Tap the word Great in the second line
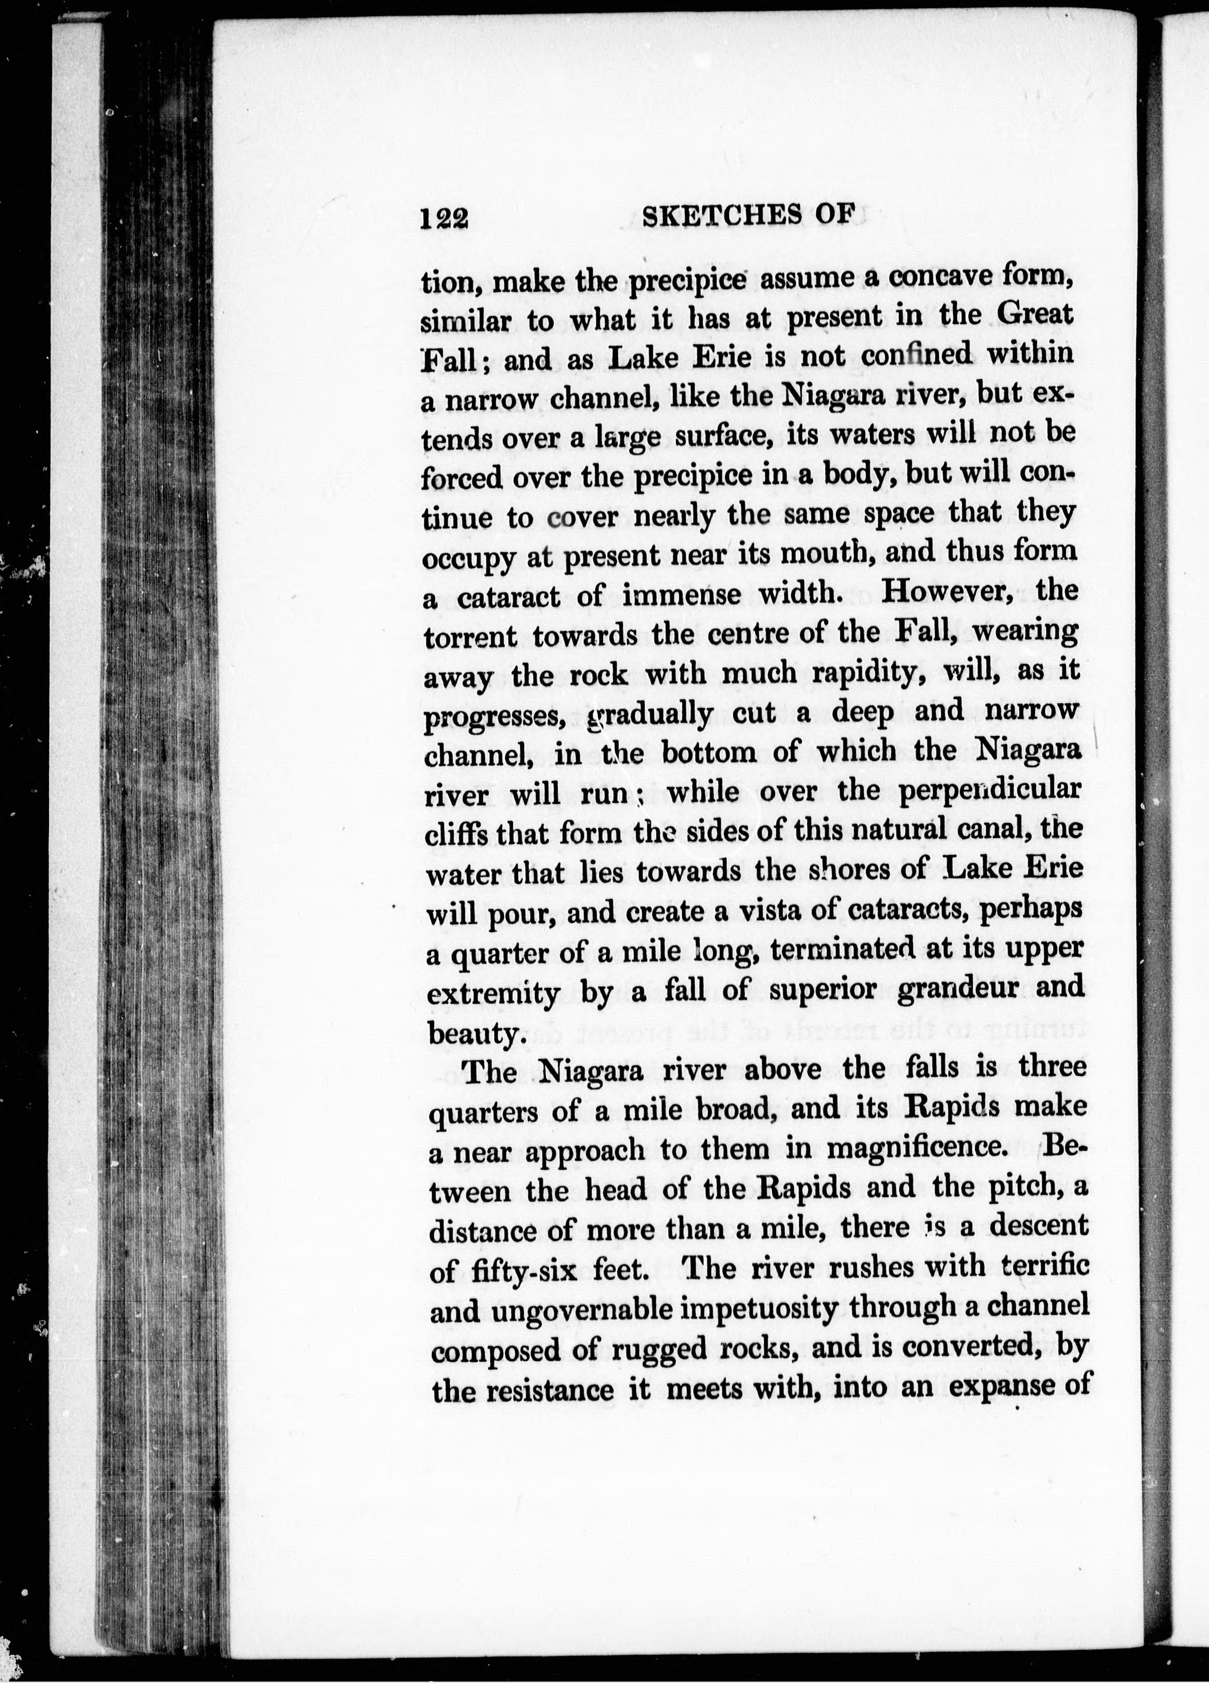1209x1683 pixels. coord(1034,315)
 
